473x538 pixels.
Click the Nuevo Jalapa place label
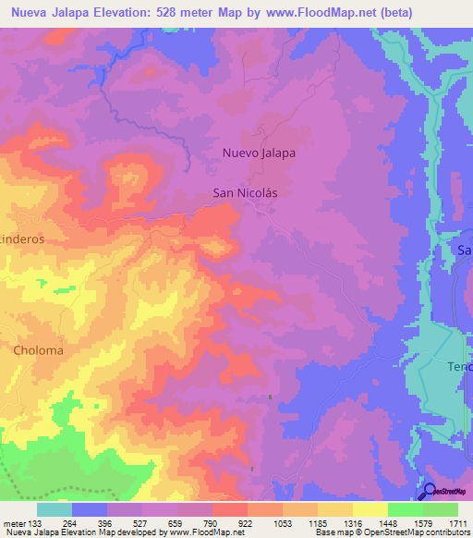pos(259,153)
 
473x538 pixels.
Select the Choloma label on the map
pos(38,351)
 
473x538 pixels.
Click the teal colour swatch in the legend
pos(55,509)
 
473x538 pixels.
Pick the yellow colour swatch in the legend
pos(370,509)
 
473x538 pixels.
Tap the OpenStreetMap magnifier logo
pos(427,490)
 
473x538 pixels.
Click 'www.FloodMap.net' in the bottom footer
pos(200,532)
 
